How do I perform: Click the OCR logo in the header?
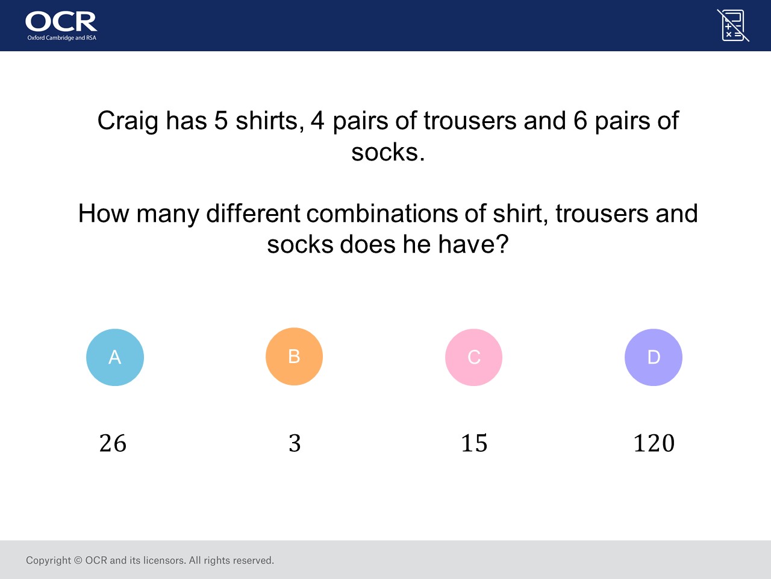click(x=61, y=25)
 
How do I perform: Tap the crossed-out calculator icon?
click(x=732, y=25)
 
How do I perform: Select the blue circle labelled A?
click(x=115, y=357)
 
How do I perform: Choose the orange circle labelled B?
click(x=294, y=356)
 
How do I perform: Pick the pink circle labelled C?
click(x=473, y=357)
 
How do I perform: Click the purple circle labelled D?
click(x=654, y=357)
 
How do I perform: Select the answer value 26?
click(x=113, y=443)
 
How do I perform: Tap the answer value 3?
click(x=295, y=443)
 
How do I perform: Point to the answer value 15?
click(x=474, y=443)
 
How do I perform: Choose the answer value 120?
click(x=654, y=443)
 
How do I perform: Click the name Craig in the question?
click(x=128, y=122)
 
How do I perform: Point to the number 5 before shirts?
click(x=221, y=121)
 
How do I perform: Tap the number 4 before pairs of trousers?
click(x=317, y=121)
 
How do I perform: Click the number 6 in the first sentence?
click(x=580, y=121)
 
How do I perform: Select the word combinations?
click(x=382, y=213)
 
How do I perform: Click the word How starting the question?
click(x=104, y=213)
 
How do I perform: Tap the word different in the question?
click(x=253, y=213)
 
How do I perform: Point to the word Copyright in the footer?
click(x=48, y=560)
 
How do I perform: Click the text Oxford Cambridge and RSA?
click(x=62, y=37)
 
